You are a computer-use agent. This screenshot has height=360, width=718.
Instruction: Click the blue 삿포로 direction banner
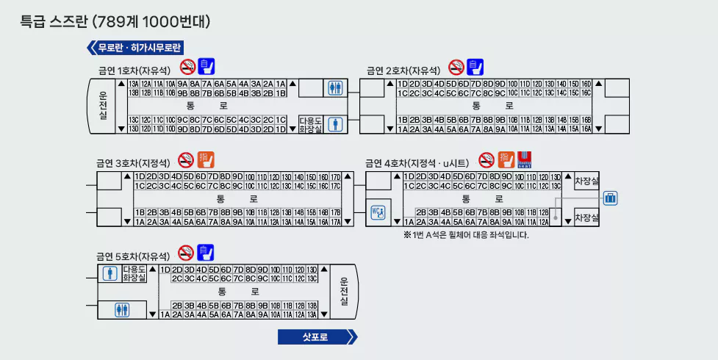[317, 337]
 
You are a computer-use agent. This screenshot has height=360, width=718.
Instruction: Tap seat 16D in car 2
[586, 84]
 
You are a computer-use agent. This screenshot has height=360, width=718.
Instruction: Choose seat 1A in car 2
[403, 129]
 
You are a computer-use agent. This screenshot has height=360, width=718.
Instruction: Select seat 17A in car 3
[335, 221]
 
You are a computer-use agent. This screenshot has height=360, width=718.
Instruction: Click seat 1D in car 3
[139, 176]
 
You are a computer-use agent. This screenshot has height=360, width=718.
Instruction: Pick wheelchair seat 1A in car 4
[409, 221]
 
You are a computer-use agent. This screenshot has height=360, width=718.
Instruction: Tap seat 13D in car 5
[312, 270]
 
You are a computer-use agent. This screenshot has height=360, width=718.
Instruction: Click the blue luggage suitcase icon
[610, 198]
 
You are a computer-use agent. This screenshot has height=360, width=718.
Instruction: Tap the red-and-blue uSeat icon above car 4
[524, 159]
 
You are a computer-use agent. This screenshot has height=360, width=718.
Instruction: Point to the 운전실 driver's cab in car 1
[103, 106]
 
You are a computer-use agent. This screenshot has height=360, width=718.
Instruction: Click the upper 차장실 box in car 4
[586, 181]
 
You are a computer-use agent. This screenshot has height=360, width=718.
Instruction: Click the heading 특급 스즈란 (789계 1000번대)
[115, 21]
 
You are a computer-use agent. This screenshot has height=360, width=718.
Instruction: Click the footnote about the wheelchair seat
[466, 235]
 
